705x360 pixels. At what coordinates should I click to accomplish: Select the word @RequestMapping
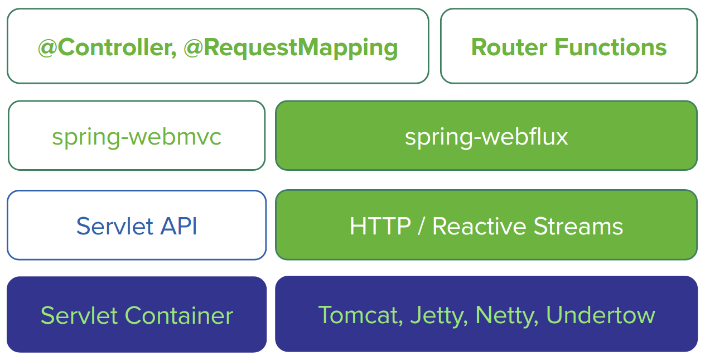(291, 47)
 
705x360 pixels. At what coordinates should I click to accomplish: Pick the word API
(178, 226)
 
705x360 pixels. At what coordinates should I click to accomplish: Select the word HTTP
(380, 226)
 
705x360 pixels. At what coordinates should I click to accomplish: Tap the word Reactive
(479, 226)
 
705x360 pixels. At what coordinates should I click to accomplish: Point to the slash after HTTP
(422, 226)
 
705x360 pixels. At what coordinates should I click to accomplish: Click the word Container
(178, 315)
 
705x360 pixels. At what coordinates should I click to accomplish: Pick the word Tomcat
(360, 315)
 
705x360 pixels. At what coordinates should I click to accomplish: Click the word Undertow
(600, 315)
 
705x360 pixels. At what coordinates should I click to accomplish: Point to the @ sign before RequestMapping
(193, 48)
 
